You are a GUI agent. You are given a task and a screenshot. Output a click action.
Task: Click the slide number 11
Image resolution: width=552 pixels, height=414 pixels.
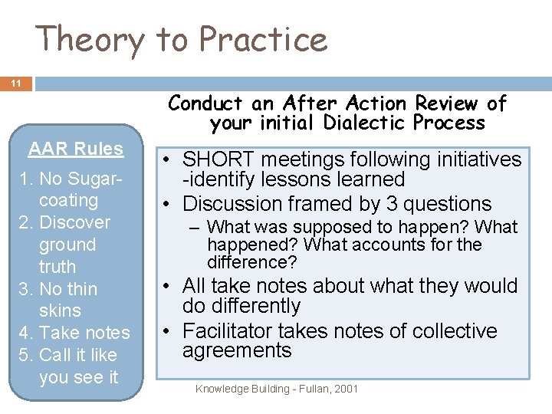point(15,83)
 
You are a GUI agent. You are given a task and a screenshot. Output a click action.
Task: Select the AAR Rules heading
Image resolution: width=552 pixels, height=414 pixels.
point(76,149)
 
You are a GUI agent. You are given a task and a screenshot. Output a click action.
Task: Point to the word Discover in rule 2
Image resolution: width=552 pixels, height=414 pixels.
point(74,222)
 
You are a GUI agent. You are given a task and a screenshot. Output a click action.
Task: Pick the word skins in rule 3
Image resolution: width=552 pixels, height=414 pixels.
point(60,310)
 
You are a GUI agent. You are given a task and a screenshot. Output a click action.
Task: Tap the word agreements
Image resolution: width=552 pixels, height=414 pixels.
point(237,350)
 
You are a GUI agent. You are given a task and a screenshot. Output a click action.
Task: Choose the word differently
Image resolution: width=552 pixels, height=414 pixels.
point(242,305)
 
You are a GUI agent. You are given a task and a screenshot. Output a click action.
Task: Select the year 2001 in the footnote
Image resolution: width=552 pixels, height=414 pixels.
point(346,389)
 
